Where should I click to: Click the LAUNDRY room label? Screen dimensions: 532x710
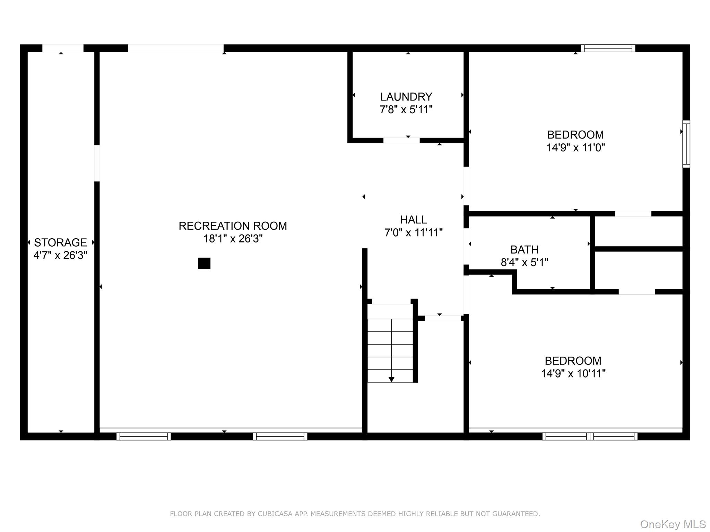406,97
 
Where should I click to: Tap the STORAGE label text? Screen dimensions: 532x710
60,242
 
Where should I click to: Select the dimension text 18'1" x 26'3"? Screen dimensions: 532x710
233,239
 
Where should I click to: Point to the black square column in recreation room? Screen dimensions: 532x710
204,263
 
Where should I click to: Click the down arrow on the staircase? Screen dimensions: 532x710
391,379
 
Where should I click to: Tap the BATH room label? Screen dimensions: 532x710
524,249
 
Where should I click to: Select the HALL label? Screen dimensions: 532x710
413,220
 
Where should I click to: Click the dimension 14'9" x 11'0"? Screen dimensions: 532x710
575,148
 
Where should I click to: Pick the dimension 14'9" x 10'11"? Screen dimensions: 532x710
573,374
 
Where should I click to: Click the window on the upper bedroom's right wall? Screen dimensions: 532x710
686,144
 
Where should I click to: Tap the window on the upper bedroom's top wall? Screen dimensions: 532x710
608,48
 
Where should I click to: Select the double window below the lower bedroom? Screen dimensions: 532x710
590,436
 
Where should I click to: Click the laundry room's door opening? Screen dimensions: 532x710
401,140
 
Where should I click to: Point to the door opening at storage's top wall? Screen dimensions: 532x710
63,48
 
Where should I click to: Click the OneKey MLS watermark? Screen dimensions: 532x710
673,524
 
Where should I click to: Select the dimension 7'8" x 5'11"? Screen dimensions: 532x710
406,110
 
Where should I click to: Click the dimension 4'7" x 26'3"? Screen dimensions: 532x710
60,255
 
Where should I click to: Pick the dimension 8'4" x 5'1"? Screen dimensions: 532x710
524,263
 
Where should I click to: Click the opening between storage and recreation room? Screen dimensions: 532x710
97,163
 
